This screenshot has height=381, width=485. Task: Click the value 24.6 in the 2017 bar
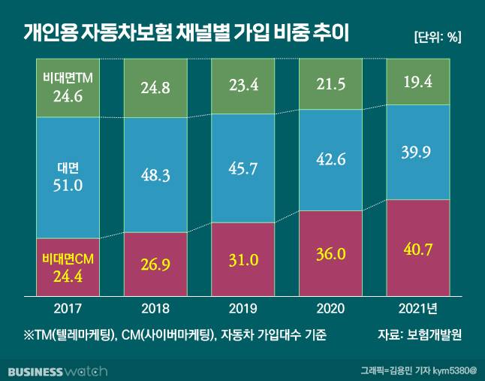tap(68, 95)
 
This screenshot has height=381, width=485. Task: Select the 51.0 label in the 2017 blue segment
tap(68, 185)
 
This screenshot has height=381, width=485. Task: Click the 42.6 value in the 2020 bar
tap(330, 159)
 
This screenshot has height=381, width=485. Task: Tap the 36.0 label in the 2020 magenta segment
tap(330, 253)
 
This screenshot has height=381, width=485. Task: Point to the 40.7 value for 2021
tap(417, 248)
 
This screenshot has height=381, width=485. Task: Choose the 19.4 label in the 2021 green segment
tap(417, 82)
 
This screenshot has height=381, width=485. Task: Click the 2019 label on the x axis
tap(242, 308)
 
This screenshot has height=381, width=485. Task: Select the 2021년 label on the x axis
tap(417, 308)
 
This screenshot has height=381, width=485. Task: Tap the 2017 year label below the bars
tap(68, 308)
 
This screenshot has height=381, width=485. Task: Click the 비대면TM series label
tap(68, 77)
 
